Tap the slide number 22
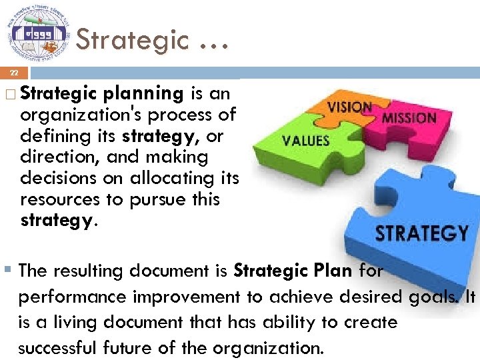[x=14, y=73]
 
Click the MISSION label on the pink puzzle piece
[x=409, y=118]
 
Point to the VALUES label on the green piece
[x=306, y=141]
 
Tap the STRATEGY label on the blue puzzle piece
[x=422, y=234]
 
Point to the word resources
[x=61, y=200]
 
